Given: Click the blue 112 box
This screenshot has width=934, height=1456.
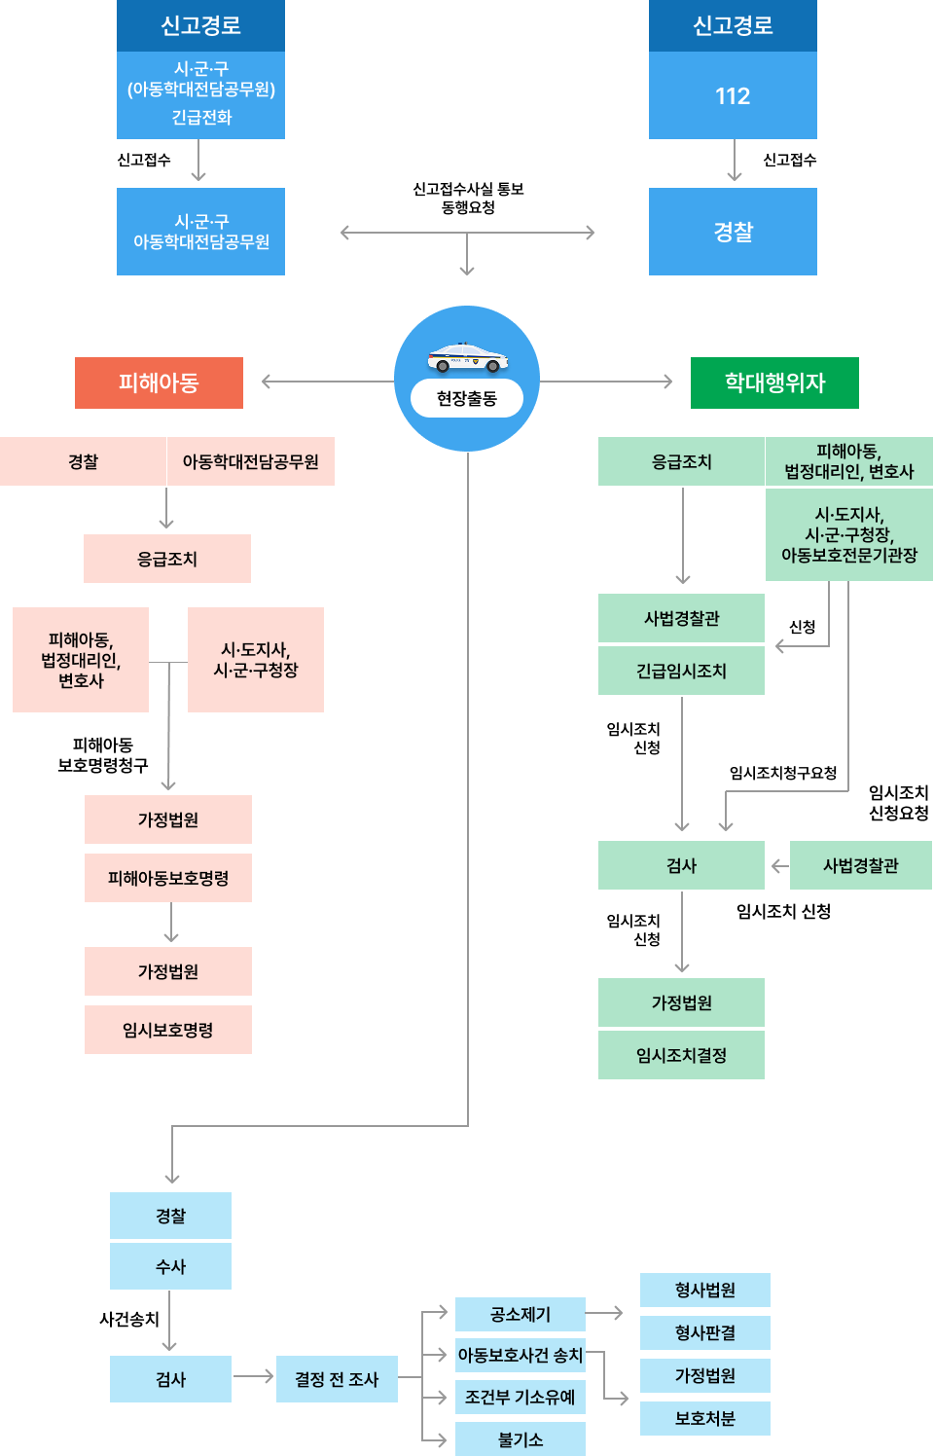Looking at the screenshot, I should (733, 95).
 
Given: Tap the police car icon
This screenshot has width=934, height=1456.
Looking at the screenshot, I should (467, 358).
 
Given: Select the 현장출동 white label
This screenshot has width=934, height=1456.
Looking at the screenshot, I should (467, 398).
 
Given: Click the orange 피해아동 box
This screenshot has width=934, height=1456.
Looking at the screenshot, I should (159, 382).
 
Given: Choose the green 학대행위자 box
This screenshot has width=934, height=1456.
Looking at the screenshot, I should (774, 382).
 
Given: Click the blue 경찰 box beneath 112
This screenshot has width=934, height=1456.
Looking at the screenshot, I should (733, 232).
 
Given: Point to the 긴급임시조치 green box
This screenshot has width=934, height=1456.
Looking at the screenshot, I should (681, 671).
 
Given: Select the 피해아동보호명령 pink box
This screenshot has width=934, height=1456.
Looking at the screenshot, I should (168, 878).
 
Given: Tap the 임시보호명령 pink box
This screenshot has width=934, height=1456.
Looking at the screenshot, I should (168, 1030).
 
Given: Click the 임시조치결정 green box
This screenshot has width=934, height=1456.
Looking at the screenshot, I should (681, 1055).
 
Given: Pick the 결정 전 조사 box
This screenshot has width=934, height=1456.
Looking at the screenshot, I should (337, 1379).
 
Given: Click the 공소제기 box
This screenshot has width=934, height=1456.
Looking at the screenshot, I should (521, 1314).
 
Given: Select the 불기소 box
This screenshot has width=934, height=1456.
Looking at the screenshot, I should (521, 1439).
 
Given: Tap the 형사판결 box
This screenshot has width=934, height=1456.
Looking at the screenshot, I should (705, 1332).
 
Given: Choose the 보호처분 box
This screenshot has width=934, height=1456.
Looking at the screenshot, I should (705, 1418).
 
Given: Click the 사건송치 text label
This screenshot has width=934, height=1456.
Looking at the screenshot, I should (129, 1319).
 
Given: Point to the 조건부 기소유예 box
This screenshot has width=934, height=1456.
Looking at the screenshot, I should (521, 1397).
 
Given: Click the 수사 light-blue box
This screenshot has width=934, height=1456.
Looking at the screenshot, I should (170, 1266).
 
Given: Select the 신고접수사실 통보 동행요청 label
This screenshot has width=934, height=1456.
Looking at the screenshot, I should (468, 198).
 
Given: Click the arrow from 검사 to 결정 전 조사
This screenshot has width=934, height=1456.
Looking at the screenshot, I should (254, 1376).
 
